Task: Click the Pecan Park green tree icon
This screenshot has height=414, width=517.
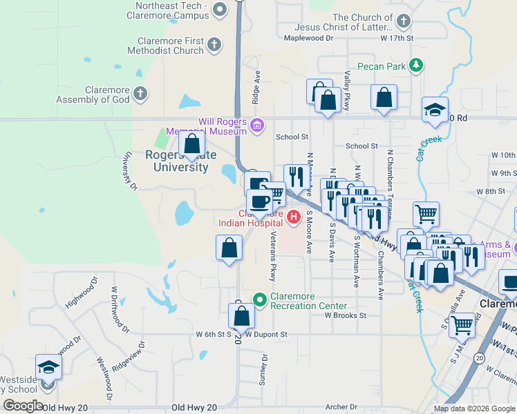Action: pos(415,66)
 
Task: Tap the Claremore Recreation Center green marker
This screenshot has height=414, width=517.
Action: pos(260,299)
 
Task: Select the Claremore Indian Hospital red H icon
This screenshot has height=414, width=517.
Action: pos(294,218)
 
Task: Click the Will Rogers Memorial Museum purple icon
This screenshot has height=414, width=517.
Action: pos(257,125)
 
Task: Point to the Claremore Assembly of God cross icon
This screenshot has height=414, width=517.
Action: pos(140,93)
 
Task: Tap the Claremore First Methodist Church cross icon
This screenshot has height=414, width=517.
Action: pos(214,45)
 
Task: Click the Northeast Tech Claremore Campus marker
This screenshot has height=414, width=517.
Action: pos(220,10)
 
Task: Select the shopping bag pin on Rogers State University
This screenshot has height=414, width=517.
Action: pos(192,144)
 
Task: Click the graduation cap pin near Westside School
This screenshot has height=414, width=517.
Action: pos(48,366)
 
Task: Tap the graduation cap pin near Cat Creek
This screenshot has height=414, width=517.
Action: pos(435,110)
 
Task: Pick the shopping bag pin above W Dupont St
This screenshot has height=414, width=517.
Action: pos(241,316)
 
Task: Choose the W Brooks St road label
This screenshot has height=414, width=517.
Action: pos(345,315)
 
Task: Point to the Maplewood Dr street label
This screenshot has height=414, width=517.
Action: pos(309,38)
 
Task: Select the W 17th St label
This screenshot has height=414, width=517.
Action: pos(395,39)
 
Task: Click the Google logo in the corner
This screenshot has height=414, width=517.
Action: pos(22,406)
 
